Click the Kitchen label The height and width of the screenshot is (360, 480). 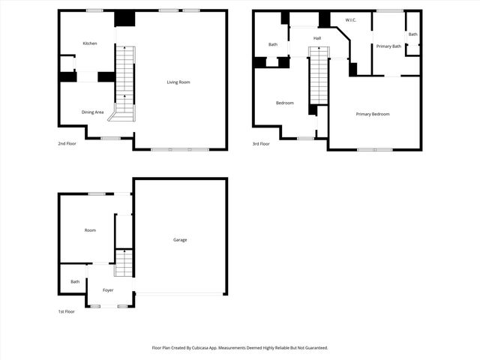90,43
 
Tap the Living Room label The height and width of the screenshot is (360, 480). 178,82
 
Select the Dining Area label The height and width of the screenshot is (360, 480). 92,112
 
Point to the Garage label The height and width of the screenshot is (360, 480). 180,240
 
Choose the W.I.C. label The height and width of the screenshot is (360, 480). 350,19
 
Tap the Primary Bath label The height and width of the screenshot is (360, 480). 388,46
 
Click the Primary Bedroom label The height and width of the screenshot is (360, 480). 373,114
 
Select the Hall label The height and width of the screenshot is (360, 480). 317,37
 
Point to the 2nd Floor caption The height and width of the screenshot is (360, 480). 67,142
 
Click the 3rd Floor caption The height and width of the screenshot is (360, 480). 261,142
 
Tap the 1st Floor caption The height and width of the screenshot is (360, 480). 67,311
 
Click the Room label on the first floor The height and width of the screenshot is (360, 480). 90,230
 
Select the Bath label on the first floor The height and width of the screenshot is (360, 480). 75,282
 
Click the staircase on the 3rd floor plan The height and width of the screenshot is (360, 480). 319,75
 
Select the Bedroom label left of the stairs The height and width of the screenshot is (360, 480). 285,103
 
